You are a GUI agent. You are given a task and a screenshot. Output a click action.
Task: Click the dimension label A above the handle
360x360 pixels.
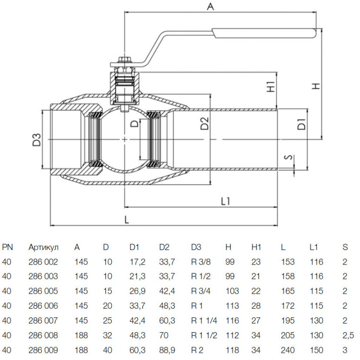pos(210,6)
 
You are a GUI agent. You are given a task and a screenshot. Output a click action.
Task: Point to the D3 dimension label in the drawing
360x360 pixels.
pos(36,140)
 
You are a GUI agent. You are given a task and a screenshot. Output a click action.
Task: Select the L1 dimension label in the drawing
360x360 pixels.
pos(226,201)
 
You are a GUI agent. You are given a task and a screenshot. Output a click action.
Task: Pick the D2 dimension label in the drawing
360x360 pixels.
pos(204,123)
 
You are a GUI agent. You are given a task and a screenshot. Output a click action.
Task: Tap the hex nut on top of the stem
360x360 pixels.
pos(124,60)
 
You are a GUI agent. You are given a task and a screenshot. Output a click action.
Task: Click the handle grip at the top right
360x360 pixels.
pos(264,33)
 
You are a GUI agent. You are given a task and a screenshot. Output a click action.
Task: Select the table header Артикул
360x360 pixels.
pos(43,247)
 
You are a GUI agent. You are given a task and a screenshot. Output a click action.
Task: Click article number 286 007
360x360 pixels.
pos(43,321)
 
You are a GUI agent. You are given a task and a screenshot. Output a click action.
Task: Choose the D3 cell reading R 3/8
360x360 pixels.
pos(201,262)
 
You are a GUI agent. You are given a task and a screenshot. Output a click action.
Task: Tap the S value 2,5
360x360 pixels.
pos(348,336)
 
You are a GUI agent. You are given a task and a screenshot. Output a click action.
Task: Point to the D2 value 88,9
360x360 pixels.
pos(167,350)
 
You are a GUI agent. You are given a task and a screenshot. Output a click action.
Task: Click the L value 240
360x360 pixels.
pos(288,350)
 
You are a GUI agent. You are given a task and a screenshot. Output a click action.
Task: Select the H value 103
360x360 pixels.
pos(232,291)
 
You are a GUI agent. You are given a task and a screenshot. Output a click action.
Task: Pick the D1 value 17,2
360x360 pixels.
pos(137,262)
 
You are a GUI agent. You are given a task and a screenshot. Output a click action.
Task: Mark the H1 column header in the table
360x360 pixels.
pos(256,247)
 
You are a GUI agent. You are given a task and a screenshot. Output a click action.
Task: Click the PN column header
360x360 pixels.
pos(7,247)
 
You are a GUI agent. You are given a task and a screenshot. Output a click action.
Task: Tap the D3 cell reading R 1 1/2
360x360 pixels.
pos(204,336)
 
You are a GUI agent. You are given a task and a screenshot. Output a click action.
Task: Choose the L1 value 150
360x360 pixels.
pos(316,350)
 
